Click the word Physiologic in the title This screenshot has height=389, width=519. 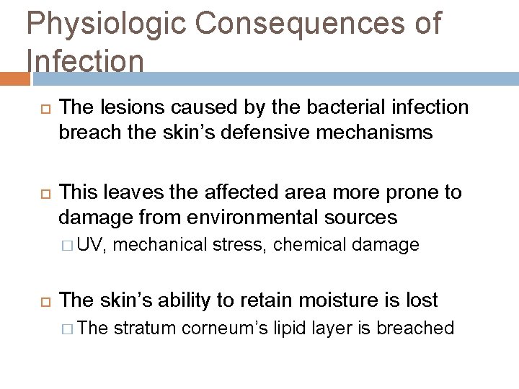(105, 24)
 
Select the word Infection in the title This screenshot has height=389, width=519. (85, 61)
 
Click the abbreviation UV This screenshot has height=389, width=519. (91, 245)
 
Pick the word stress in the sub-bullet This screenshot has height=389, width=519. (241, 245)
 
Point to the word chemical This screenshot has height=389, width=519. (309, 245)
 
